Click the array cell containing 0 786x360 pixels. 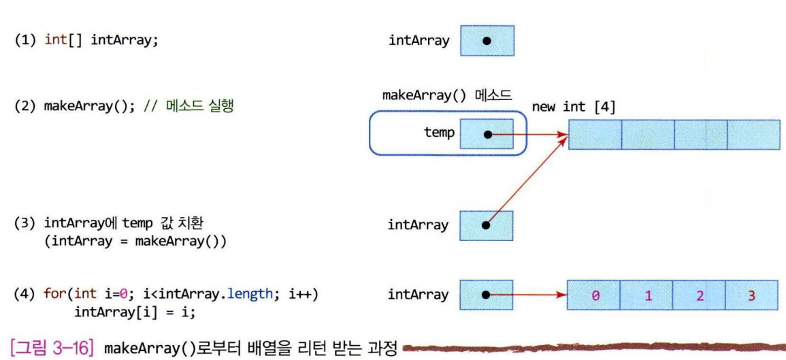pyautogui.click(x=593, y=295)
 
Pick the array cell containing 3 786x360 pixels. pyautogui.click(x=751, y=295)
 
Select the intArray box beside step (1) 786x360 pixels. pyautogui.click(x=487, y=40)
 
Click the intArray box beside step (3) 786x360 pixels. pyautogui.click(x=487, y=225)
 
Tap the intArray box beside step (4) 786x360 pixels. pyautogui.click(x=487, y=295)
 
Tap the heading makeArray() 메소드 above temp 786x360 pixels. pyautogui.click(x=446, y=96)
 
